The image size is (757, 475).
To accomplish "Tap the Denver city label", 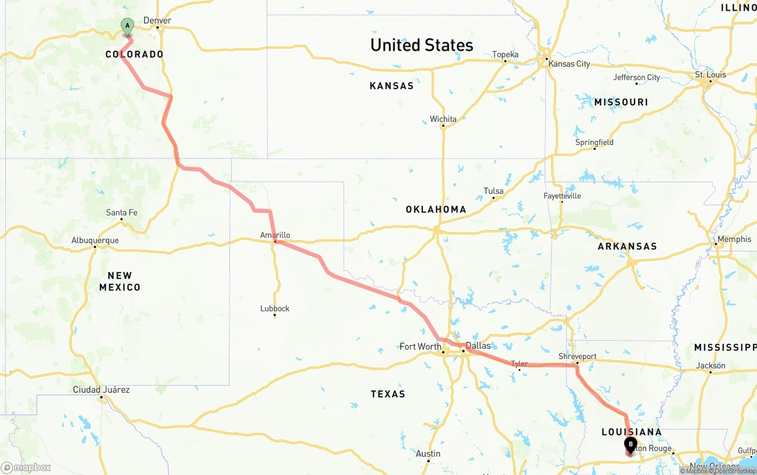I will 157,20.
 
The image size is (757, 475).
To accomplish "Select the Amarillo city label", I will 275,235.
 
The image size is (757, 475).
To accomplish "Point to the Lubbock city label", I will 275,308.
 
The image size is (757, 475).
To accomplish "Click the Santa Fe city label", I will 121,212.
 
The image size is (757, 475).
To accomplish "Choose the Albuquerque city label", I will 95,240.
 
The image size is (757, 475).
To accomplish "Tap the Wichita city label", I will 443,119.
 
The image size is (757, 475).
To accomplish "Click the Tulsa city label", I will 493,191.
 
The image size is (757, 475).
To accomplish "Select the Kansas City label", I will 569,64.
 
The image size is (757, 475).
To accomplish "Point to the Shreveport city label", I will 577,357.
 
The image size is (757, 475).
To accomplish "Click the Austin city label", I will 428,454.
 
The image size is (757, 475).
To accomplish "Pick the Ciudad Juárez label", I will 101,390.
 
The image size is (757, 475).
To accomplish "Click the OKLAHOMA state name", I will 436,209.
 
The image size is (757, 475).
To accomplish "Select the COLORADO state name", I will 134,54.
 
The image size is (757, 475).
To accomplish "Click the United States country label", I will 422,45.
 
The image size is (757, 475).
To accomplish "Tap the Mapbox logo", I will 26,467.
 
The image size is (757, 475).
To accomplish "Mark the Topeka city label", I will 505,54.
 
